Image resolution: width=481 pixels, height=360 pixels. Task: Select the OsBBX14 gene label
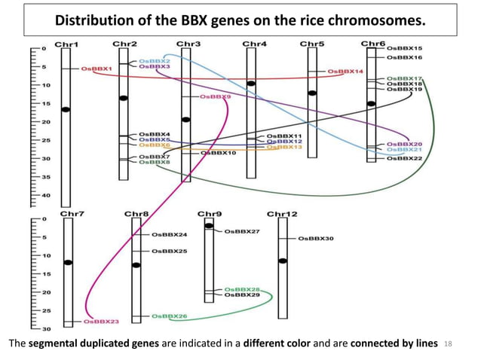[346, 72]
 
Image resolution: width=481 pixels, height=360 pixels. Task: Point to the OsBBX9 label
[216, 97]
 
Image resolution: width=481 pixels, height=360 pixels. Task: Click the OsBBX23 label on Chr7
[102, 322]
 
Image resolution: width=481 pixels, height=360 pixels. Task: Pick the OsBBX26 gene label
[170, 316]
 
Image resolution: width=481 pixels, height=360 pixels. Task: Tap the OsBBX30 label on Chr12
[316, 239]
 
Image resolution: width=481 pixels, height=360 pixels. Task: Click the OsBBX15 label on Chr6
[405, 48]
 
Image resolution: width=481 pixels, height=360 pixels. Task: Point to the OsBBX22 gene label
[405, 158]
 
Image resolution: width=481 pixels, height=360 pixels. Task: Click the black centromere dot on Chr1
[66, 110]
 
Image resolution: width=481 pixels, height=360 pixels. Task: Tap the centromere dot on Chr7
[69, 262]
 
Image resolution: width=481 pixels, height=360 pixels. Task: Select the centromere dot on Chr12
[283, 261]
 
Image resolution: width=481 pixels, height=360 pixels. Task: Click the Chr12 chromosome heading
[282, 214]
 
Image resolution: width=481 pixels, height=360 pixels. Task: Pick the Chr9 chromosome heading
[208, 214]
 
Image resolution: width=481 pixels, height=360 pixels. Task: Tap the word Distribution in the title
[94, 18]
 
